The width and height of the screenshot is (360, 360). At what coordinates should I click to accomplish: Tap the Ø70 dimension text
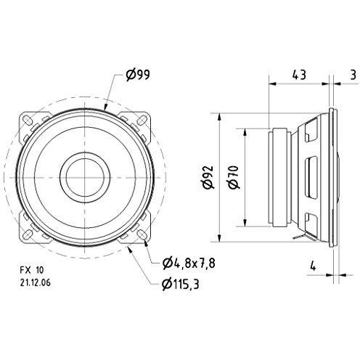232,176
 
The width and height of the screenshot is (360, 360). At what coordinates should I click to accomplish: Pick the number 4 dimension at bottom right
314,266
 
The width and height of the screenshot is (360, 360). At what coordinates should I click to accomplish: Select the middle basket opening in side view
314,176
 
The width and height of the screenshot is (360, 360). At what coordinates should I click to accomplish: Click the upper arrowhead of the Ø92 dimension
218,116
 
